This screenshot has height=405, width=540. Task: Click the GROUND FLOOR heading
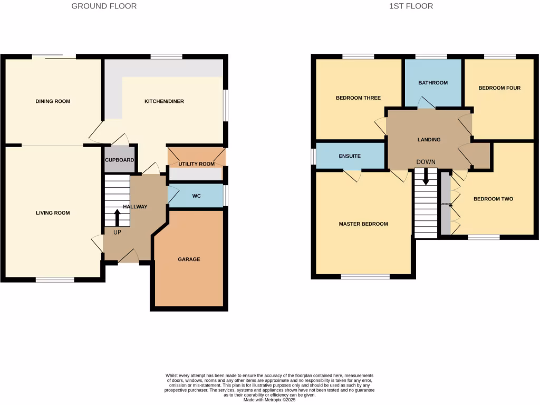click(x=104, y=6)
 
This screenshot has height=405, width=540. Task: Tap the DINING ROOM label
click(x=53, y=101)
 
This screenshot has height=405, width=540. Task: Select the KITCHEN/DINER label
click(x=164, y=101)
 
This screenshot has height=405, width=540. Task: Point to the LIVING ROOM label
click(x=53, y=213)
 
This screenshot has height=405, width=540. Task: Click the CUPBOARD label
click(x=119, y=160)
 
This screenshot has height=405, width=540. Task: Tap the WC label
click(x=197, y=196)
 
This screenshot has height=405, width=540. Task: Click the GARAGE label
click(x=189, y=259)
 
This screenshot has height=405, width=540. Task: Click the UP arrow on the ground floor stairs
click(x=117, y=217)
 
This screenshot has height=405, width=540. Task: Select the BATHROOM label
click(x=433, y=83)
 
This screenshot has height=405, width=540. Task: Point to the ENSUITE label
click(x=350, y=156)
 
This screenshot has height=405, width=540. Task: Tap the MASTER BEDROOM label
click(x=363, y=224)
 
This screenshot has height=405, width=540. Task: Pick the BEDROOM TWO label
click(x=493, y=199)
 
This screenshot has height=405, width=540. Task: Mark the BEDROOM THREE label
click(x=358, y=98)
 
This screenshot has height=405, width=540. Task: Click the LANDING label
click(x=429, y=140)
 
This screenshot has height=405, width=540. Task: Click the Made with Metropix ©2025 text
click(x=270, y=400)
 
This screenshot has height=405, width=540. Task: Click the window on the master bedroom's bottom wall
click(x=365, y=276)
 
